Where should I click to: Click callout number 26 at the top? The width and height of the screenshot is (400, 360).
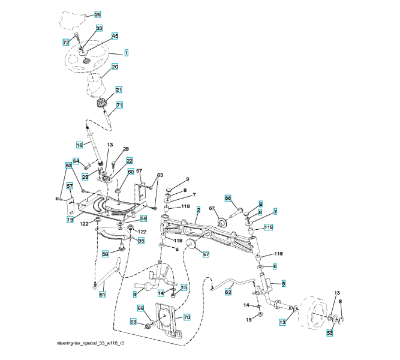(98, 14)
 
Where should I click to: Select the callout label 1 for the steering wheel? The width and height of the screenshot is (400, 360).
(127, 53)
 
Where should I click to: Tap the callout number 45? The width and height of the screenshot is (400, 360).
(115, 36)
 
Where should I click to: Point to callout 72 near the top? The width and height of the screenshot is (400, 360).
(67, 42)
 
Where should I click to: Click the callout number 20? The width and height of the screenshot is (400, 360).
(115, 67)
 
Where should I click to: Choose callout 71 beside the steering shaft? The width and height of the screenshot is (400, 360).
(119, 105)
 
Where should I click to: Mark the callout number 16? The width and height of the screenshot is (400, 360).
(79, 145)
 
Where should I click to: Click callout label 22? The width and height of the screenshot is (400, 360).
(129, 161)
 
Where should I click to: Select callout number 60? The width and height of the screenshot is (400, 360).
(131, 172)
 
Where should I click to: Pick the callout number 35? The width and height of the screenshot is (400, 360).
(142, 241)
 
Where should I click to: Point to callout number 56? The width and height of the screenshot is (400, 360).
(105, 254)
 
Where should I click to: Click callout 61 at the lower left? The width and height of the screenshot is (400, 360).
(103, 295)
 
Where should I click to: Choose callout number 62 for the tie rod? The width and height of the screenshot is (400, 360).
(228, 292)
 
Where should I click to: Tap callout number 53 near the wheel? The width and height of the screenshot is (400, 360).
(329, 332)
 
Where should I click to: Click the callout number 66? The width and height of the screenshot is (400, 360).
(228, 198)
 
